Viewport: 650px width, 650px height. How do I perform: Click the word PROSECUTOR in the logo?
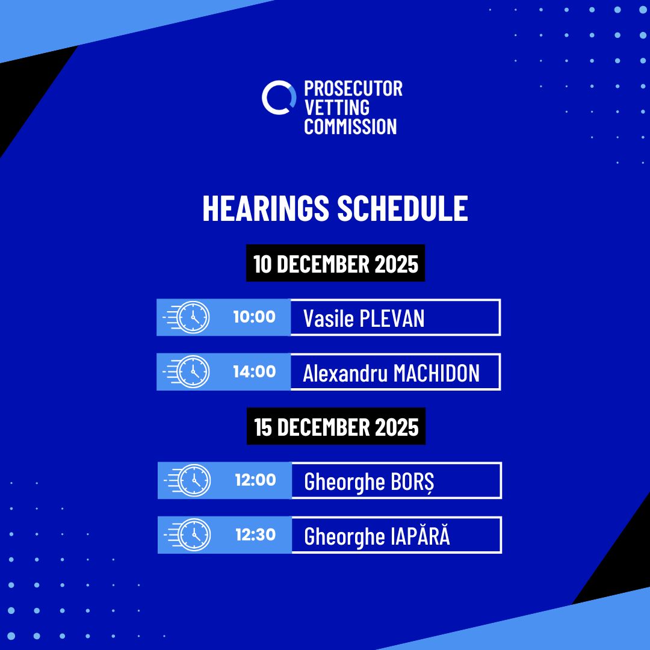[x=353, y=88]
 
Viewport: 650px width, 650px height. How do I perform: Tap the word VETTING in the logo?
[x=336, y=108]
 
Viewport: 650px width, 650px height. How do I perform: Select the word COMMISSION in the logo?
[x=350, y=126]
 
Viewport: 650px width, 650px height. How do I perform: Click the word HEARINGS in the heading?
[x=266, y=208]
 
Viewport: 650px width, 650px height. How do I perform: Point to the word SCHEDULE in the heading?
[x=403, y=208]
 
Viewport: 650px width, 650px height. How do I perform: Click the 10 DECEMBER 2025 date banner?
[x=335, y=263]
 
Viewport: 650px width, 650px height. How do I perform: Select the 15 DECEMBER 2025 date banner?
[x=336, y=426]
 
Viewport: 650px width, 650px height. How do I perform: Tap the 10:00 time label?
[x=254, y=317]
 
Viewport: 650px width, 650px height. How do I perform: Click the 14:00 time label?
[x=254, y=372]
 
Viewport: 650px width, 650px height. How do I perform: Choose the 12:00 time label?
[x=255, y=480]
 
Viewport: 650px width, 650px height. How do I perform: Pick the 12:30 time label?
[x=255, y=535]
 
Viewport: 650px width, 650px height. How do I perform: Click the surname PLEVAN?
[x=392, y=318]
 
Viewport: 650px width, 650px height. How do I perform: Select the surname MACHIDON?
[x=436, y=373]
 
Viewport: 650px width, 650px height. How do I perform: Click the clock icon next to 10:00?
[x=193, y=317]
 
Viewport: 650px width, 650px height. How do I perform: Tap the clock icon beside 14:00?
[x=193, y=372]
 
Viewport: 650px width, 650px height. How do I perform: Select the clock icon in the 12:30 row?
[x=194, y=535]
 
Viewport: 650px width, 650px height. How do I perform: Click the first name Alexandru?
[x=345, y=373]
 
